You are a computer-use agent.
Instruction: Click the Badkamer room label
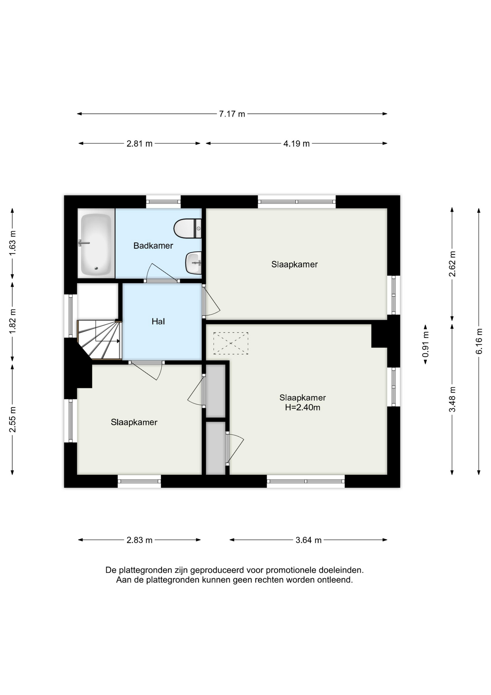click(x=153, y=246)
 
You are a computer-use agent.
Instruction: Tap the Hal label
click(x=158, y=321)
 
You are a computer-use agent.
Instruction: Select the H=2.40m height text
click(x=303, y=408)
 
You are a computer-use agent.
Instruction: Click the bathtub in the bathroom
click(x=96, y=244)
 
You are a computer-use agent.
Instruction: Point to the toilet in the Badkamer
click(x=187, y=228)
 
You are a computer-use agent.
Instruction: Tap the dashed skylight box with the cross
click(x=231, y=343)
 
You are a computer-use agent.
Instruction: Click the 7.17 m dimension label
click(x=232, y=114)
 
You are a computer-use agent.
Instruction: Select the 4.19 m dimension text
click(x=296, y=144)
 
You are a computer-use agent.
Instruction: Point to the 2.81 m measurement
click(x=140, y=144)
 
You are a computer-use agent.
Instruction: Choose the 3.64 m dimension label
click(x=308, y=540)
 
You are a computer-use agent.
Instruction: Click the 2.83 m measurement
click(x=140, y=540)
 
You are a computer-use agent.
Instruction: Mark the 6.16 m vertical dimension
click(x=479, y=341)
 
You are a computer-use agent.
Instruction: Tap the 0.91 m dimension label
click(x=426, y=344)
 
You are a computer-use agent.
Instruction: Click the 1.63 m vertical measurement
click(x=13, y=243)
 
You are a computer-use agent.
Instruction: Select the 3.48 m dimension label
click(x=452, y=399)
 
